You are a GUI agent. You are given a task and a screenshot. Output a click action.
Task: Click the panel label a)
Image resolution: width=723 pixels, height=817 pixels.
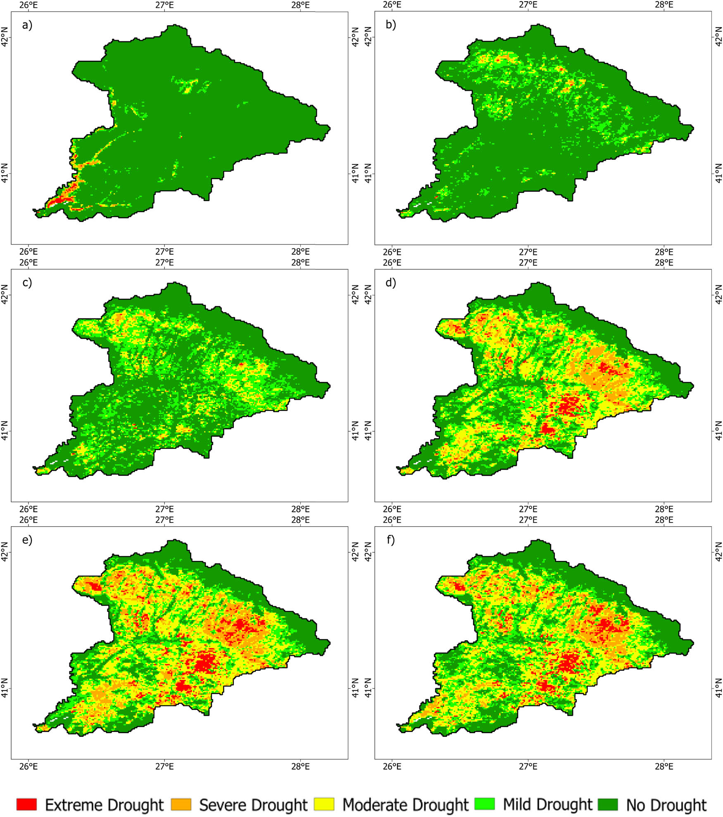(27, 25)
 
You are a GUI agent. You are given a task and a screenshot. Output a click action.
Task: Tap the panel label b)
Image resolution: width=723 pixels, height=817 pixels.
(390, 25)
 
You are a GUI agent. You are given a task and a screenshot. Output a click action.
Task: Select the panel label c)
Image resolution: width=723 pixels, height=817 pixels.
(27, 283)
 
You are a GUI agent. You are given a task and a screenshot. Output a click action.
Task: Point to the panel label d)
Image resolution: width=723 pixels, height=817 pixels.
(390, 283)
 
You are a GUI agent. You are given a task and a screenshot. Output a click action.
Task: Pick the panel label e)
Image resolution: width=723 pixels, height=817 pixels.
(27, 540)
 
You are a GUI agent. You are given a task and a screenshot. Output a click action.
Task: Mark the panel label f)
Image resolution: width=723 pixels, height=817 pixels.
(390, 540)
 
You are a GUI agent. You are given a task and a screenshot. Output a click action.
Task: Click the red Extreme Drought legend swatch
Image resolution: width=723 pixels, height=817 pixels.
(26, 804)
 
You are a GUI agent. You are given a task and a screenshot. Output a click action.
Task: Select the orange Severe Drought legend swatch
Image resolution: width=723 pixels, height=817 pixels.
(181, 804)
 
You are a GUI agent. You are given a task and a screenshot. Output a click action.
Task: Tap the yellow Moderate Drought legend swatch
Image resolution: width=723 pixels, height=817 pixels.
(324, 804)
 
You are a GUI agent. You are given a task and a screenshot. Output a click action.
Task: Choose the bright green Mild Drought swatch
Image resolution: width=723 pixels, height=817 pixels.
(484, 804)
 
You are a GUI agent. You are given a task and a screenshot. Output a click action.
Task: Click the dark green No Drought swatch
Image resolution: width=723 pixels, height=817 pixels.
(608, 804)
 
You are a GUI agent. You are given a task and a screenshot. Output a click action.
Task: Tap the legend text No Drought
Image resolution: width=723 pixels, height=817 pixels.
(666, 805)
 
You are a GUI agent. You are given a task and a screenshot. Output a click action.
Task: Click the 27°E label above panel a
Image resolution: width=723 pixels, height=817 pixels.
(164, 5)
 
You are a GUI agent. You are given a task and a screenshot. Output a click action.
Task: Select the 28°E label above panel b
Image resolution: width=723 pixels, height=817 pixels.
(664, 5)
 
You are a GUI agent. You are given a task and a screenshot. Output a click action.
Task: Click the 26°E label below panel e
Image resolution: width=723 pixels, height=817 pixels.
(29, 766)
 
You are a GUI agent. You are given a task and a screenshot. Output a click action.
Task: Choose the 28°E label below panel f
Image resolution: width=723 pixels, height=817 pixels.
(664, 766)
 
